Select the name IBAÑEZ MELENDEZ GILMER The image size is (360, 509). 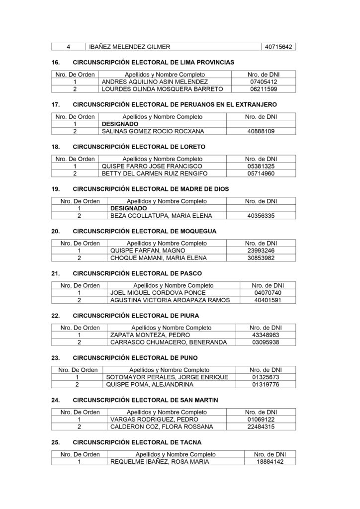(129, 47)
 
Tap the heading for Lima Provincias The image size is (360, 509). (154, 63)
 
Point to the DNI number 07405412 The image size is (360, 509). (264, 82)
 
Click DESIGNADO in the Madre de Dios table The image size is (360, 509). (128, 209)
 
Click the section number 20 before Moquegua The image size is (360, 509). (56, 232)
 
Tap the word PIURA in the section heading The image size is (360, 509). (190, 316)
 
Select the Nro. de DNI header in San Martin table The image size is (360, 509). (261, 412)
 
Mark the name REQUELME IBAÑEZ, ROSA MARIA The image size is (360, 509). (160, 461)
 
